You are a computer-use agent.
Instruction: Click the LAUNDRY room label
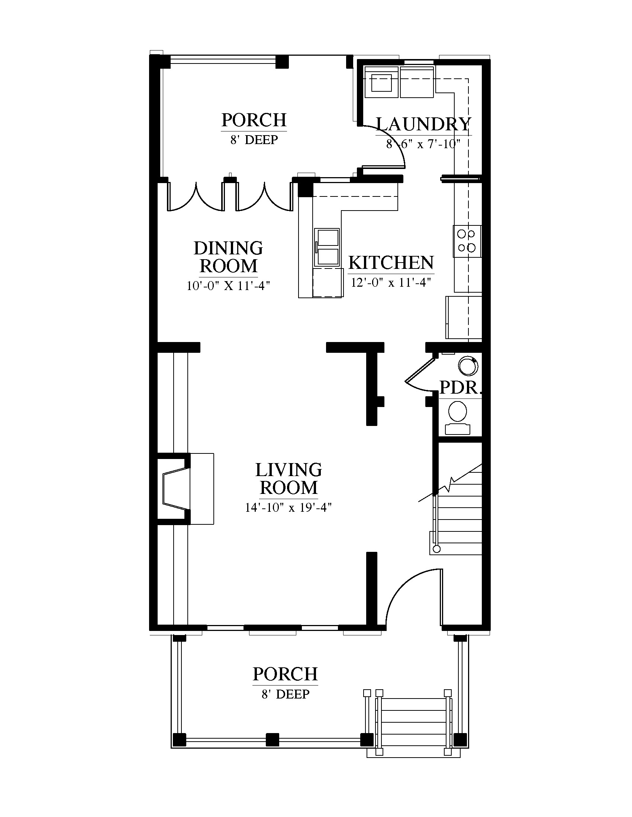click(x=423, y=124)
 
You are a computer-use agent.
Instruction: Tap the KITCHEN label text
click(x=391, y=263)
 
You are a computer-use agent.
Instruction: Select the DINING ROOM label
click(x=228, y=257)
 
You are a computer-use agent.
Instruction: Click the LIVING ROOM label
click(x=288, y=478)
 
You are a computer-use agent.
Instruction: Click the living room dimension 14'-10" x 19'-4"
click(x=288, y=507)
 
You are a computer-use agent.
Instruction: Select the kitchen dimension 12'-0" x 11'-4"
click(x=391, y=282)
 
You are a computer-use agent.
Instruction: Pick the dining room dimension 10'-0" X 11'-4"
click(x=228, y=286)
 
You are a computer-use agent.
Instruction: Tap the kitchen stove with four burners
click(x=467, y=241)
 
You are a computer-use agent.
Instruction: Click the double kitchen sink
click(x=327, y=247)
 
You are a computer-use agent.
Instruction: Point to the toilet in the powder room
click(x=457, y=418)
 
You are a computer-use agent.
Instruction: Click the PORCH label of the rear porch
click(x=254, y=120)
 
